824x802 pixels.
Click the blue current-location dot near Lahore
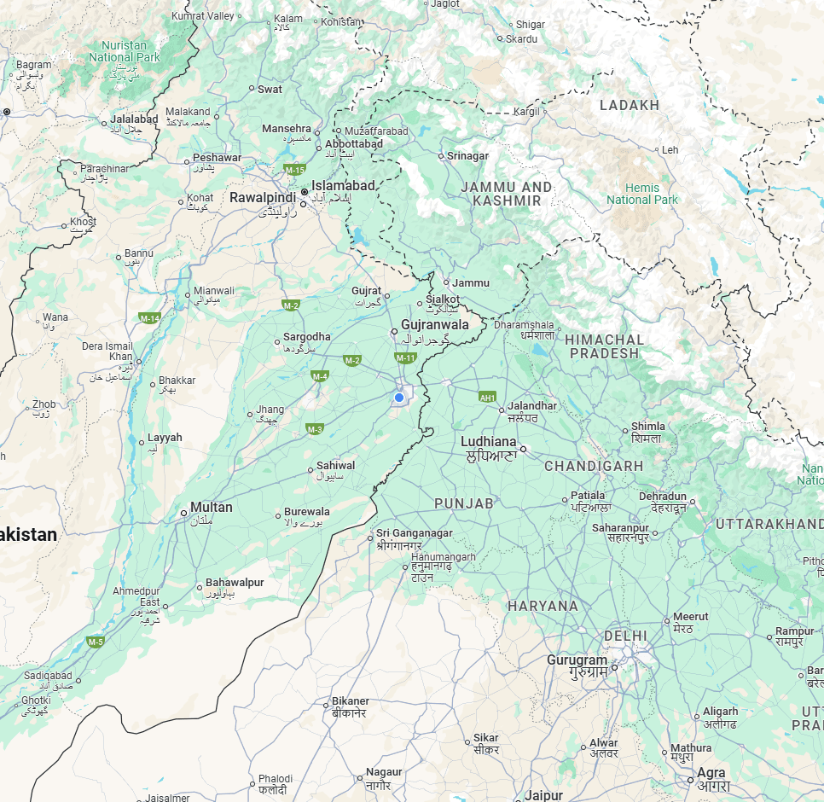[x=398, y=398]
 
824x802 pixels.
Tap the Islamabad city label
[x=343, y=185]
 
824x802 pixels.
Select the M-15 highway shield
[x=295, y=170]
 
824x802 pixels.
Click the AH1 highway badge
[x=487, y=397]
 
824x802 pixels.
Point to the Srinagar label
[x=468, y=156]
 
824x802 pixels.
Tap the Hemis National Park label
[x=642, y=194]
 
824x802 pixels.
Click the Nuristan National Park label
[x=125, y=51]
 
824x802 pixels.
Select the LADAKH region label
[x=630, y=105]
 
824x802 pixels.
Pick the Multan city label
[x=211, y=507]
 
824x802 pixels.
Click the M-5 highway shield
[x=95, y=641]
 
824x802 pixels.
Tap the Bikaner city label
[x=351, y=701]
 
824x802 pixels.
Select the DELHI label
[x=625, y=636]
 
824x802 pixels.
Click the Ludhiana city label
[x=488, y=441]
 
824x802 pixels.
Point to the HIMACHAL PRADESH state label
[x=604, y=346]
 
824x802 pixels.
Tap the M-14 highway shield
[x=149, y=318]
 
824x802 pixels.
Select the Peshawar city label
[x=217, y=158]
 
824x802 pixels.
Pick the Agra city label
[x=711, y=773]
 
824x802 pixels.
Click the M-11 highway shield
[x=405, y=357]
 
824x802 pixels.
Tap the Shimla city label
[x=647, y=427]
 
